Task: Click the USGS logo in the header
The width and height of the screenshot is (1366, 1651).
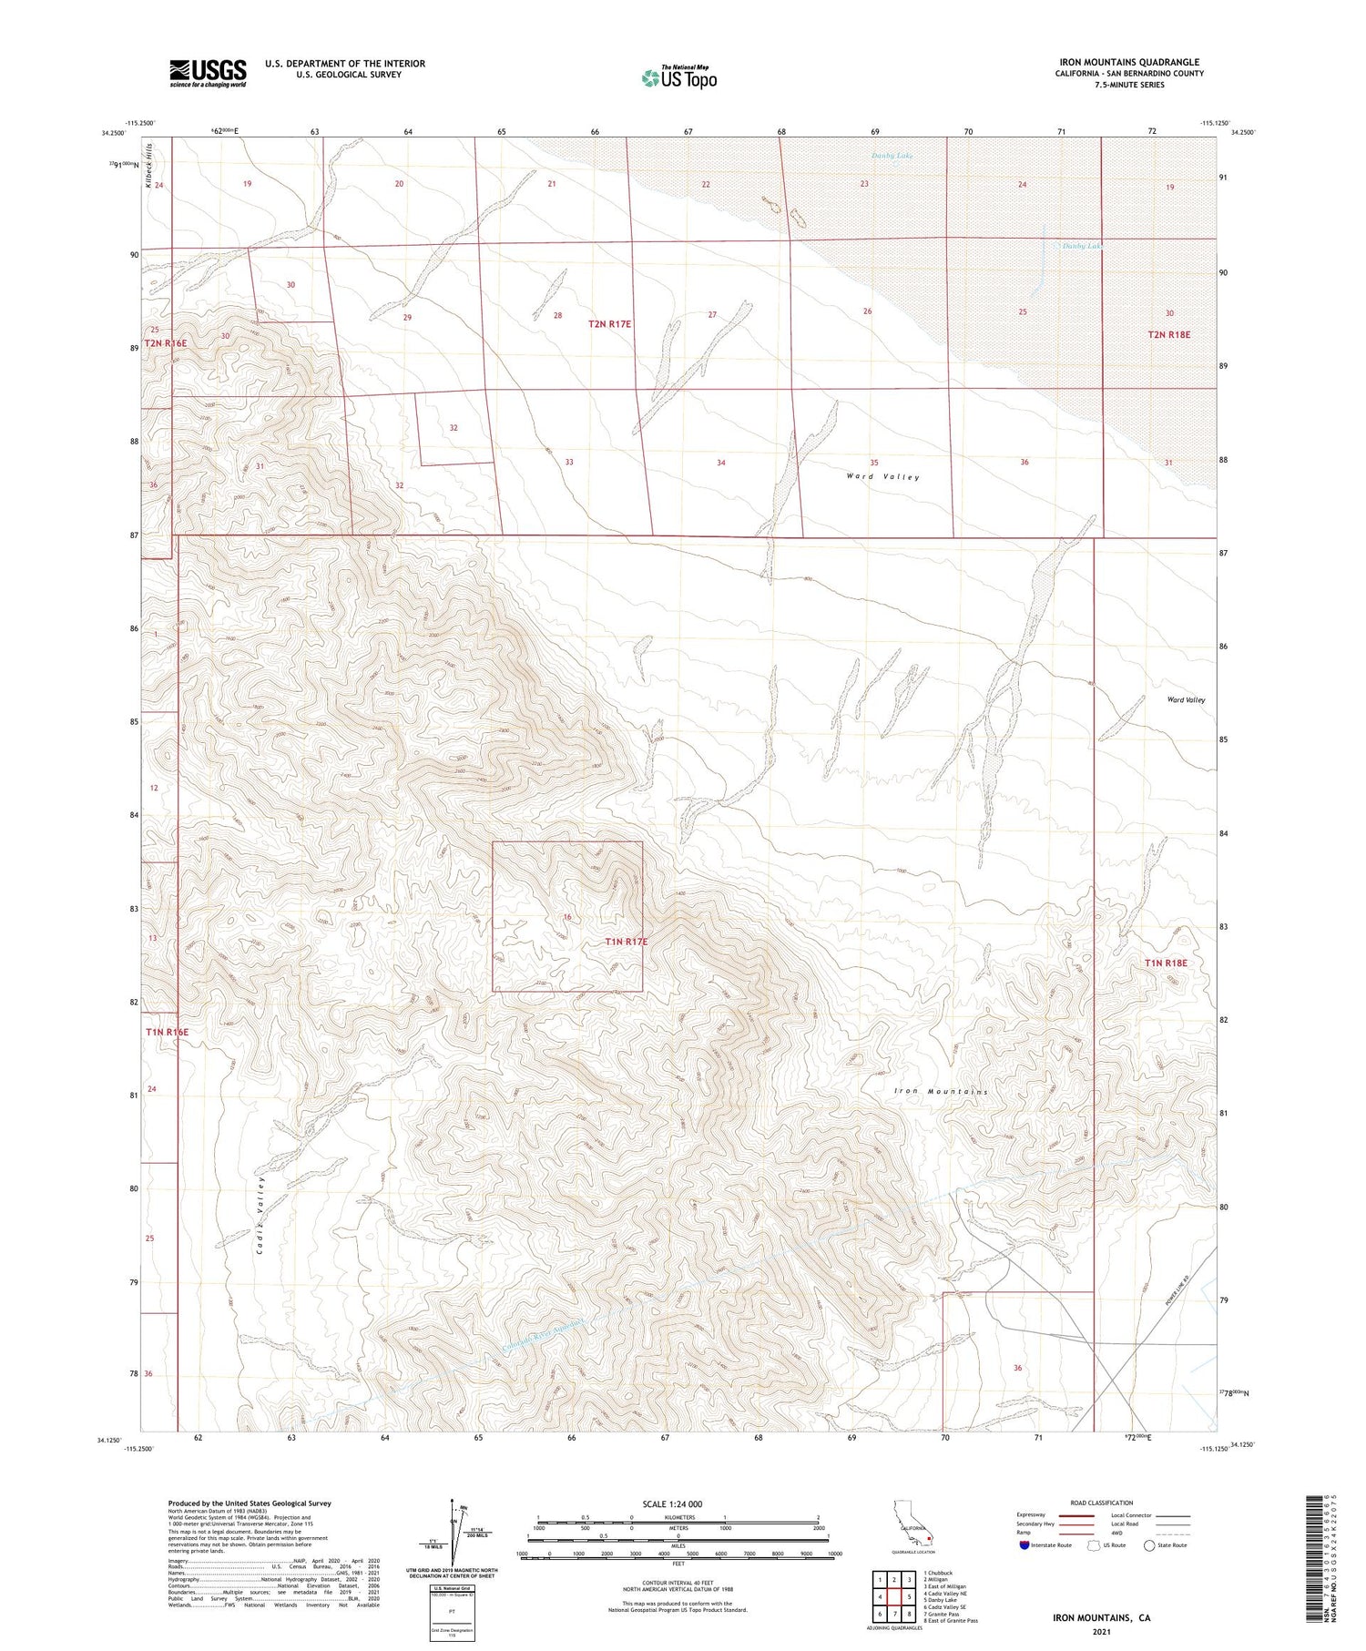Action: point(208,73)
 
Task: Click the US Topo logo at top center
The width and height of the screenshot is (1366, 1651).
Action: point(678,78)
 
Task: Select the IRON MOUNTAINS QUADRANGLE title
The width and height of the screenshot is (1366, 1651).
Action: point(1128,62)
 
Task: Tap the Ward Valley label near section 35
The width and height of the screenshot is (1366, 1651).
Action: point(882,477)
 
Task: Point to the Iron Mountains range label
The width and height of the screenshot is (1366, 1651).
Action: point(941,1091)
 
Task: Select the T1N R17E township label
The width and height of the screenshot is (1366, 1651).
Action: point(626,942)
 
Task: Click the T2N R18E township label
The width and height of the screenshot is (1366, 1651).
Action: point(1168,334)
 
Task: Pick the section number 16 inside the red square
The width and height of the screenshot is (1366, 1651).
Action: point(567,917)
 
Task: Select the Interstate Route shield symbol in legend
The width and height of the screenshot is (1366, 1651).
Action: point(1024,1544)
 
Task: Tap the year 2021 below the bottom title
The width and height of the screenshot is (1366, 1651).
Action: point(1101,1632)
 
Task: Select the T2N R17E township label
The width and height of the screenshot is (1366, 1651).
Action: point(609,324)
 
